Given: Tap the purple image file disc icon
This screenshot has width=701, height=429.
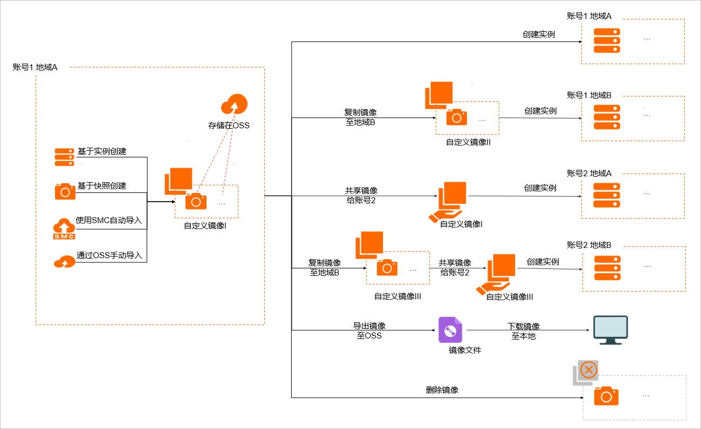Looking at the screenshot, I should (450, 330).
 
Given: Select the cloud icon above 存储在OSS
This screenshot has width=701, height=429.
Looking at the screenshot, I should (234, 103).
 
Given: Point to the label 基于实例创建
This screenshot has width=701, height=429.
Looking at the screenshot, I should (102, 151).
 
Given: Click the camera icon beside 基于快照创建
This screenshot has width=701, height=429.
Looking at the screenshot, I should (65, 191).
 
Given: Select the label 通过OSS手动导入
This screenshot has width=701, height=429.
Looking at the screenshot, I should (109, 255).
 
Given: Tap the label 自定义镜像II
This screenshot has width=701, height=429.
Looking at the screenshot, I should (468, 142).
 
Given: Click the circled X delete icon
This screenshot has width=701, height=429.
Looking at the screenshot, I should (589, 370).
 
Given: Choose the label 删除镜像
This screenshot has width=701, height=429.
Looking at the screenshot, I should (442, 390).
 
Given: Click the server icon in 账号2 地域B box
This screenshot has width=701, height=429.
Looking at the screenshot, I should (607, 267).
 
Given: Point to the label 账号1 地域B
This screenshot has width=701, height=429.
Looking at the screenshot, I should (589, 95).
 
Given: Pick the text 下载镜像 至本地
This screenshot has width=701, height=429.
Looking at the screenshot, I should (523, 331).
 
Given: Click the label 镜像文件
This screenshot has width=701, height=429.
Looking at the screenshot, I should (465, 350).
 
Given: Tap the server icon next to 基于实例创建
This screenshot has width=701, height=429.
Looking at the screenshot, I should (64, 157).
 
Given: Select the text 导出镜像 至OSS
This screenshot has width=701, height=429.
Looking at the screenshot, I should (369, 331).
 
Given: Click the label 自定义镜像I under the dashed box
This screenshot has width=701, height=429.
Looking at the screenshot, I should (205, 226).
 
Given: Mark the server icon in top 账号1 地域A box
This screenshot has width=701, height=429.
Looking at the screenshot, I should (607, 40).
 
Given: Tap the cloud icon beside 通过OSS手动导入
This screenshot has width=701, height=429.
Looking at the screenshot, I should (64, 261).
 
